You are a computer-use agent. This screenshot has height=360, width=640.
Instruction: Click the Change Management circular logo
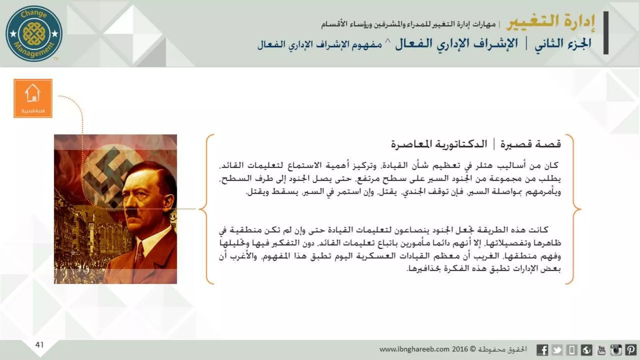tap(34, 33)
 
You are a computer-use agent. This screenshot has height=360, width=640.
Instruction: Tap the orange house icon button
tap(33, 98)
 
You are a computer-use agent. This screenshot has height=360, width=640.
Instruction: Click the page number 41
tap(39, 345)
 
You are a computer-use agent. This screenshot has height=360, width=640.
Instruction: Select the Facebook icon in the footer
tap(542, 350)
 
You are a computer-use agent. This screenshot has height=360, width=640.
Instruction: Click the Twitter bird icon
tap(557, 350)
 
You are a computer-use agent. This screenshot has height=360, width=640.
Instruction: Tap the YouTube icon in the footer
tap(601, 350)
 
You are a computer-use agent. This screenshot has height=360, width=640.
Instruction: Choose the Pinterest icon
tap(631, 350)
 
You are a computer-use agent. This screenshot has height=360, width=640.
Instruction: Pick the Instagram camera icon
tap(616, 350)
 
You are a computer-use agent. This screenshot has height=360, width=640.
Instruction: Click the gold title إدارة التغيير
tap(551, 22)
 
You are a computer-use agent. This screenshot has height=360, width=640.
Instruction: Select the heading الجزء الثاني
tap(563, 44)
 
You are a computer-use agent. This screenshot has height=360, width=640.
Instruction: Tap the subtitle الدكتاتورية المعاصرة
tap(439, 144)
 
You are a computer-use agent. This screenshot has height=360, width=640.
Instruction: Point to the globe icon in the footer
tap(587, 350)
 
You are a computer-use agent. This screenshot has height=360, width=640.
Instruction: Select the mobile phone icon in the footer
tap(572, 350)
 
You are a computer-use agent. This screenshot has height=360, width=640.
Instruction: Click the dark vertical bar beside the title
tap(606, 33)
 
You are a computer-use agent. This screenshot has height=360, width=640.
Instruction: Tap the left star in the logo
tap(13, 33)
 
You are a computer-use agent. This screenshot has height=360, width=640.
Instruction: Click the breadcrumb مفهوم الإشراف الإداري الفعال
tap(320, 44)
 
